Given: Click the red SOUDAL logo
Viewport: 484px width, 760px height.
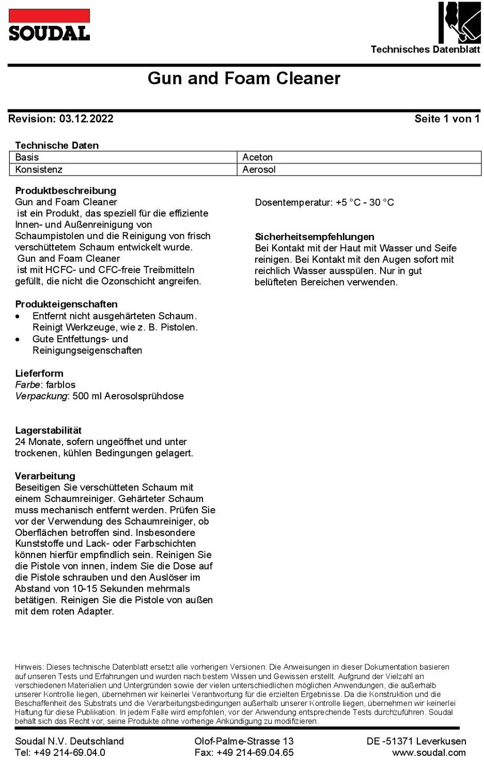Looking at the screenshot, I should coord(49,25).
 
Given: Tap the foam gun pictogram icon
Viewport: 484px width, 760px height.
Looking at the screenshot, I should coord(459,23).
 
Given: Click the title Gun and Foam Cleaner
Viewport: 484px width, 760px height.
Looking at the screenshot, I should coord(244,78).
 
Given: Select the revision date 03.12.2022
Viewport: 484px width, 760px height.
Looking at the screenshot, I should coord(86,119).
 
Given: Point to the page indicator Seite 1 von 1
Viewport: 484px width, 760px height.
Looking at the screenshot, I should coord(447,119).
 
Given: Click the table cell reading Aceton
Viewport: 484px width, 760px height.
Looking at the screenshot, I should coord(257,157).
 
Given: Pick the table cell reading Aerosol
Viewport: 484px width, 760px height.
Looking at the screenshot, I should coord(259,169).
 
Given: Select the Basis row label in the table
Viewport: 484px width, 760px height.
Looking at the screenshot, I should coord(27,157).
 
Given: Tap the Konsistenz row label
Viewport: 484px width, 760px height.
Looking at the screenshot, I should coord(39,169).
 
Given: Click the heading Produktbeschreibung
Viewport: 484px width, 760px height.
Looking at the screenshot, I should coord(66,191).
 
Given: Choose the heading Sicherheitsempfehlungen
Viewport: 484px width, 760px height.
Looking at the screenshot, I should coord(314,237).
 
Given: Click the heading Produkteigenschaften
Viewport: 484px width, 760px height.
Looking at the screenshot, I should coord(66,304).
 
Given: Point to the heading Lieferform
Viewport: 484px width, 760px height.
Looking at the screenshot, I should coord(39,373).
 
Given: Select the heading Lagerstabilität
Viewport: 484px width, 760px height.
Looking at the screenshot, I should coord(48,430).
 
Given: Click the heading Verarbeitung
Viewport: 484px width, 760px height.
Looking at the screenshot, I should coord(45,476).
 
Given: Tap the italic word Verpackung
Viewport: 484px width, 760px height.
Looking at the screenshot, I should coord(41,396).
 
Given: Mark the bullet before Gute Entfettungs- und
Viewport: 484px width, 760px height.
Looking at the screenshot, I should coord(18,340).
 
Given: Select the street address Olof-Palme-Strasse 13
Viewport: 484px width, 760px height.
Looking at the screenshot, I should coord(244,741).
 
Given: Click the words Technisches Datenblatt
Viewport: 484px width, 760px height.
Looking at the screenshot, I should coord(425,50).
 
